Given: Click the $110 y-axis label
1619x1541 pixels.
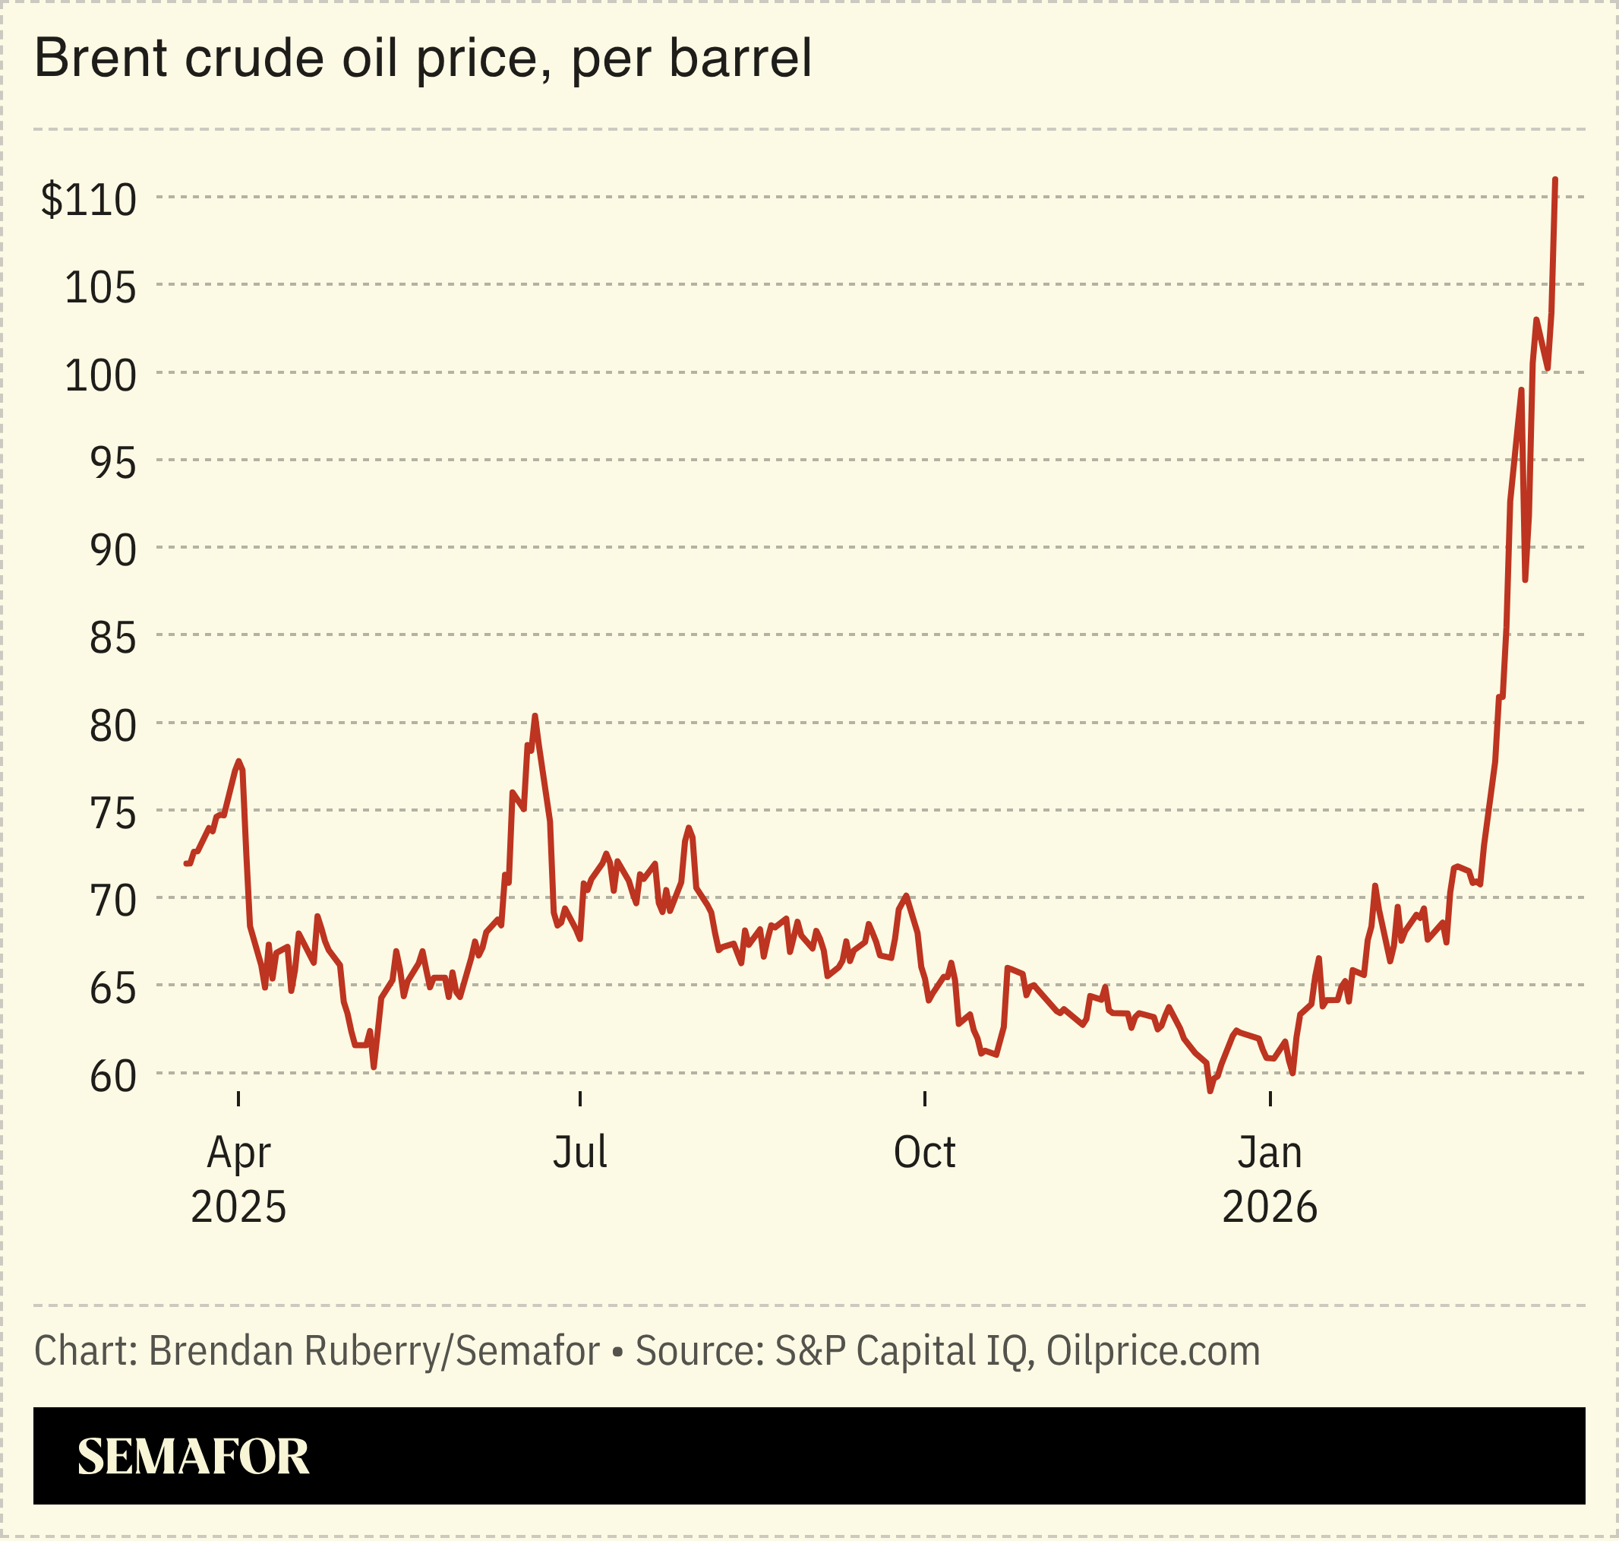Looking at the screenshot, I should tap(89, 200).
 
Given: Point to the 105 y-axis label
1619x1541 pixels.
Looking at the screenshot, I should tap(100, 287).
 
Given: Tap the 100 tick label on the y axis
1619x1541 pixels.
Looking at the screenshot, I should tap(100, 375).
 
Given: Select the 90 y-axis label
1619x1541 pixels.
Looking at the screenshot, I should tap(112, 550).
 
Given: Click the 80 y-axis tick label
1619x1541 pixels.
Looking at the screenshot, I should tap(112, 726).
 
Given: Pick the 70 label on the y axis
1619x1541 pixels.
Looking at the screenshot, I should tap(112, 901).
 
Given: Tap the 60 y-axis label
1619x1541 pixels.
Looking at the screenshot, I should tap(112, 1076).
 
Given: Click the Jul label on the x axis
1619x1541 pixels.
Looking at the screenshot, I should tap(579, 1153).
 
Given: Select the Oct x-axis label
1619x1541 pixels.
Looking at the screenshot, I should tap(924, 1153).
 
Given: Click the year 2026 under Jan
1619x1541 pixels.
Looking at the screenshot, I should tap(1269, 1207).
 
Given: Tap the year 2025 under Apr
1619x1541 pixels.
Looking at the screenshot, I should tap(238, 1207).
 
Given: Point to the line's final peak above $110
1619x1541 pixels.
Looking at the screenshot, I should tap(1555, 180).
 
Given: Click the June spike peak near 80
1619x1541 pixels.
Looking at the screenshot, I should tap(535, 717).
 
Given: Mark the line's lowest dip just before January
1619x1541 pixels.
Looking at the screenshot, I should tap(1210, 1090).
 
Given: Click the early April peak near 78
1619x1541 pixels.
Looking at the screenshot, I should tap(238, 761).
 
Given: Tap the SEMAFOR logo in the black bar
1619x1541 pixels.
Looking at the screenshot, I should tap(193, 1457).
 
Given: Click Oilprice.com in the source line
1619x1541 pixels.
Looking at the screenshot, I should tap(1153, 1351).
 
